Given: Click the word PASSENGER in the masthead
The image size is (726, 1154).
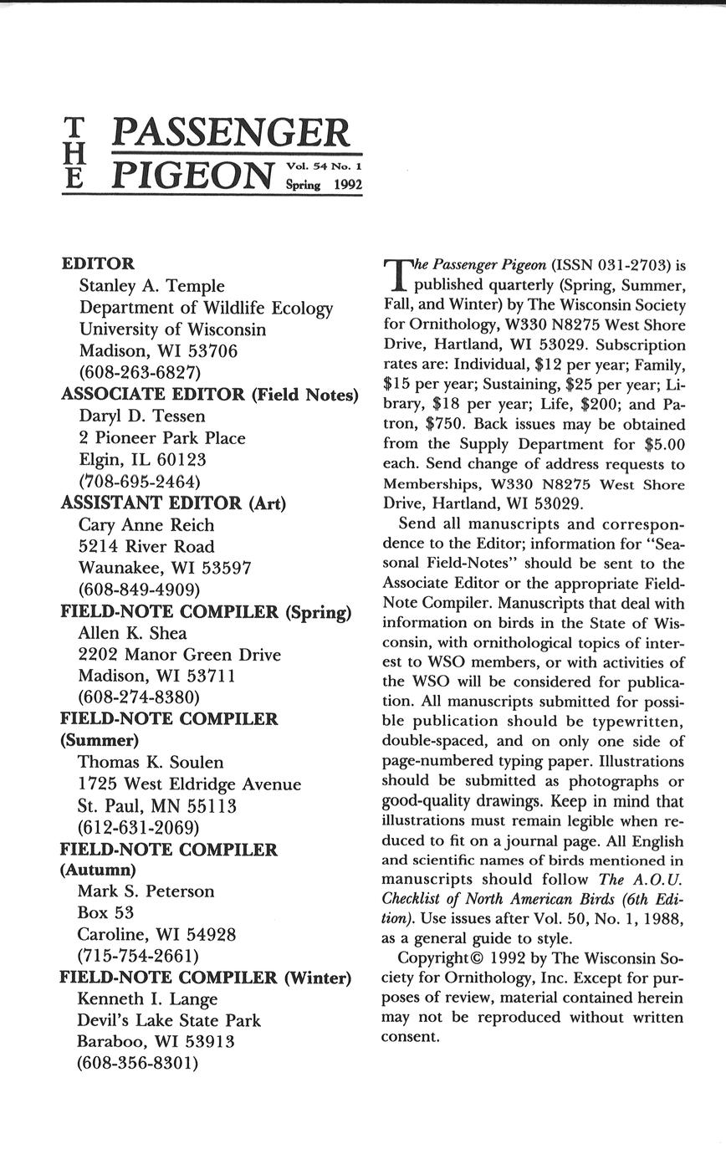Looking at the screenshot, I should click(x=230, y=133).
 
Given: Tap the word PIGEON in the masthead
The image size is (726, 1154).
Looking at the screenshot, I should click(x=193, y=175).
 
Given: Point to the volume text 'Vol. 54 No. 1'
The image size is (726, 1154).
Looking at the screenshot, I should click(x=324, y=167).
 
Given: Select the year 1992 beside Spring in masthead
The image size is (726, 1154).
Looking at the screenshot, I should click(x=348, y=185).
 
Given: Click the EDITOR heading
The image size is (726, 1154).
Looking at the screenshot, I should click(x=98, y=264).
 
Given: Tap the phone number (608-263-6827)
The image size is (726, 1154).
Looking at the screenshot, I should click(x=140, y=372).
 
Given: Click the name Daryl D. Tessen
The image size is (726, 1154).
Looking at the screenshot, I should click(x=141, y=416).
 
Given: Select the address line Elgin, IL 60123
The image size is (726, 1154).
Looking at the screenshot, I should click(x=142, y=459).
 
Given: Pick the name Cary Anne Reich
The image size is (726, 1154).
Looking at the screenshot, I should click(x=146, y=525).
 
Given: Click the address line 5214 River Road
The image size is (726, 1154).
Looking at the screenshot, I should click(x=146, y=547).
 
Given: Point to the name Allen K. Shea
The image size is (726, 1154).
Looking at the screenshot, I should click(x=132, y=633).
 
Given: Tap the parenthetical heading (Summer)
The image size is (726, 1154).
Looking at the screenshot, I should click(x=100, y=740).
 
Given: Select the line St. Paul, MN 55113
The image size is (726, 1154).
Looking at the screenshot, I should click(x=157, y=806).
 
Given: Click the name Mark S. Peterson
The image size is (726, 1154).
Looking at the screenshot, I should click(x=146, y=891).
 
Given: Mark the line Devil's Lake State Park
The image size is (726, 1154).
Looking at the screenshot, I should click(x=169, y=1020).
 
